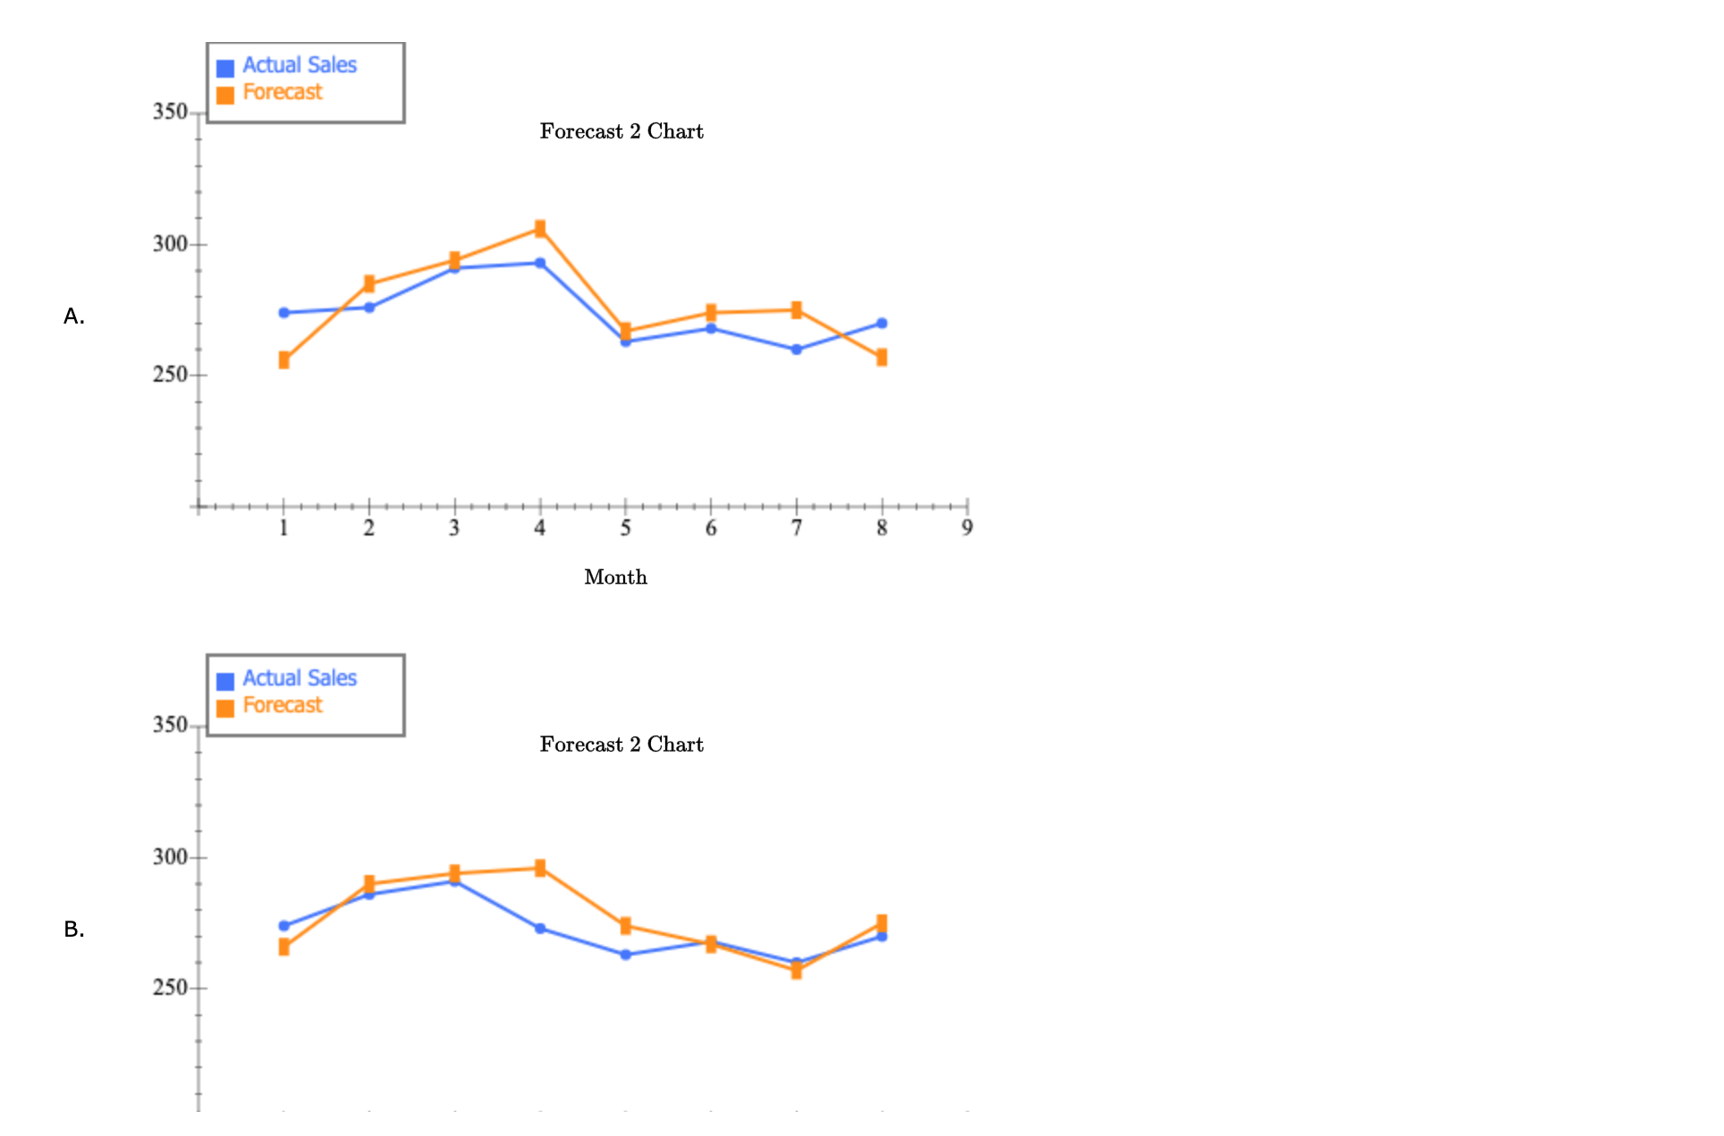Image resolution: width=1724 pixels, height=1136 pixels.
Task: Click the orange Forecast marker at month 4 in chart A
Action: click(540, 229)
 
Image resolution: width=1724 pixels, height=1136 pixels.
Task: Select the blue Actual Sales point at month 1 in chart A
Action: click(283, 313)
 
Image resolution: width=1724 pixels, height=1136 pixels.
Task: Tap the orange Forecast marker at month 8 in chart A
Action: click(882, 358)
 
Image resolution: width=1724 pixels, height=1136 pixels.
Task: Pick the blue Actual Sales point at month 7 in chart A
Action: click(797, 349)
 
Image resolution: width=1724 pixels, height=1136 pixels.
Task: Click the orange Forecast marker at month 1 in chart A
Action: click(283, 360)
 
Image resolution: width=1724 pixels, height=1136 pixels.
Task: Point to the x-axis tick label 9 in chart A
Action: click(967, 528)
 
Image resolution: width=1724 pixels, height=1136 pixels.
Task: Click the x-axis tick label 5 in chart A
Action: click(625, 528)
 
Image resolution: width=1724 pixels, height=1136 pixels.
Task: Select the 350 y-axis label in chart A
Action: click(170, 112)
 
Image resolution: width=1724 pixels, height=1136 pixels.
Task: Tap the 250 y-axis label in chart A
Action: click(170, 374)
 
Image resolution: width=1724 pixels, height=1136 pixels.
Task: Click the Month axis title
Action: click(615, 577)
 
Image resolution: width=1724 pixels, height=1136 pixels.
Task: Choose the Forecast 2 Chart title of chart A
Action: click(621, 131)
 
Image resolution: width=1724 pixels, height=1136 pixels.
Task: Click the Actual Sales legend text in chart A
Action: click(300, 65)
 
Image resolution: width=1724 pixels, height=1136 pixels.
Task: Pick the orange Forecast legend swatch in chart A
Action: click(225, 95)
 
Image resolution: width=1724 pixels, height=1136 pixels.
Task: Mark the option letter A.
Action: click(74, 316)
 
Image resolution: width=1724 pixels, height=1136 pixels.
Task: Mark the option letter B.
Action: click(74, 930)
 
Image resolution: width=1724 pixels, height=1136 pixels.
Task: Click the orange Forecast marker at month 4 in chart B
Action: click(540, 868)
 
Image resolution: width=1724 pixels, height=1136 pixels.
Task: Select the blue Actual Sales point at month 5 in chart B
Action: click(625, 955)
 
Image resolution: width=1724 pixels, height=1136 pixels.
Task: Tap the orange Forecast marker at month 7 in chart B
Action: click(797, 971)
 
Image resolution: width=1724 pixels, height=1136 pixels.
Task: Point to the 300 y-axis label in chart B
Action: click(170, 857)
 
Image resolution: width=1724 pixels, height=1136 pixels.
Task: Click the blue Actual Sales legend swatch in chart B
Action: click(225, 681)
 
